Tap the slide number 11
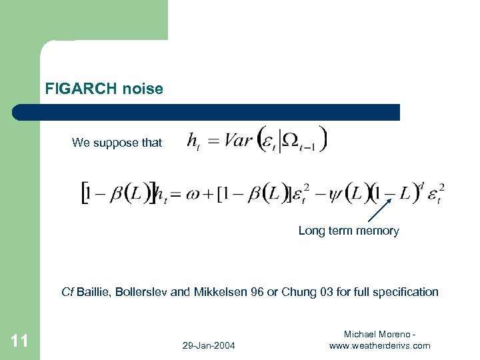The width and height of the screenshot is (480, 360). pyautogui.click(x=20, y=341)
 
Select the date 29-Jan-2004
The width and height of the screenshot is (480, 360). pyautogui.click(x=208, y=345)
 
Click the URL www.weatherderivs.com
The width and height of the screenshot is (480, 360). pyautogui.click(x=379, y=345)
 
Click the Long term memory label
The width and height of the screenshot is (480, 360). pyautogui.click(x=348, y=231)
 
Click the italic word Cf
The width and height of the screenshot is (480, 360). pyautogui.click(x=67, y=291)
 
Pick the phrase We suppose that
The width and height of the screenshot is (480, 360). pyautogui.click(x=117, y=142)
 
